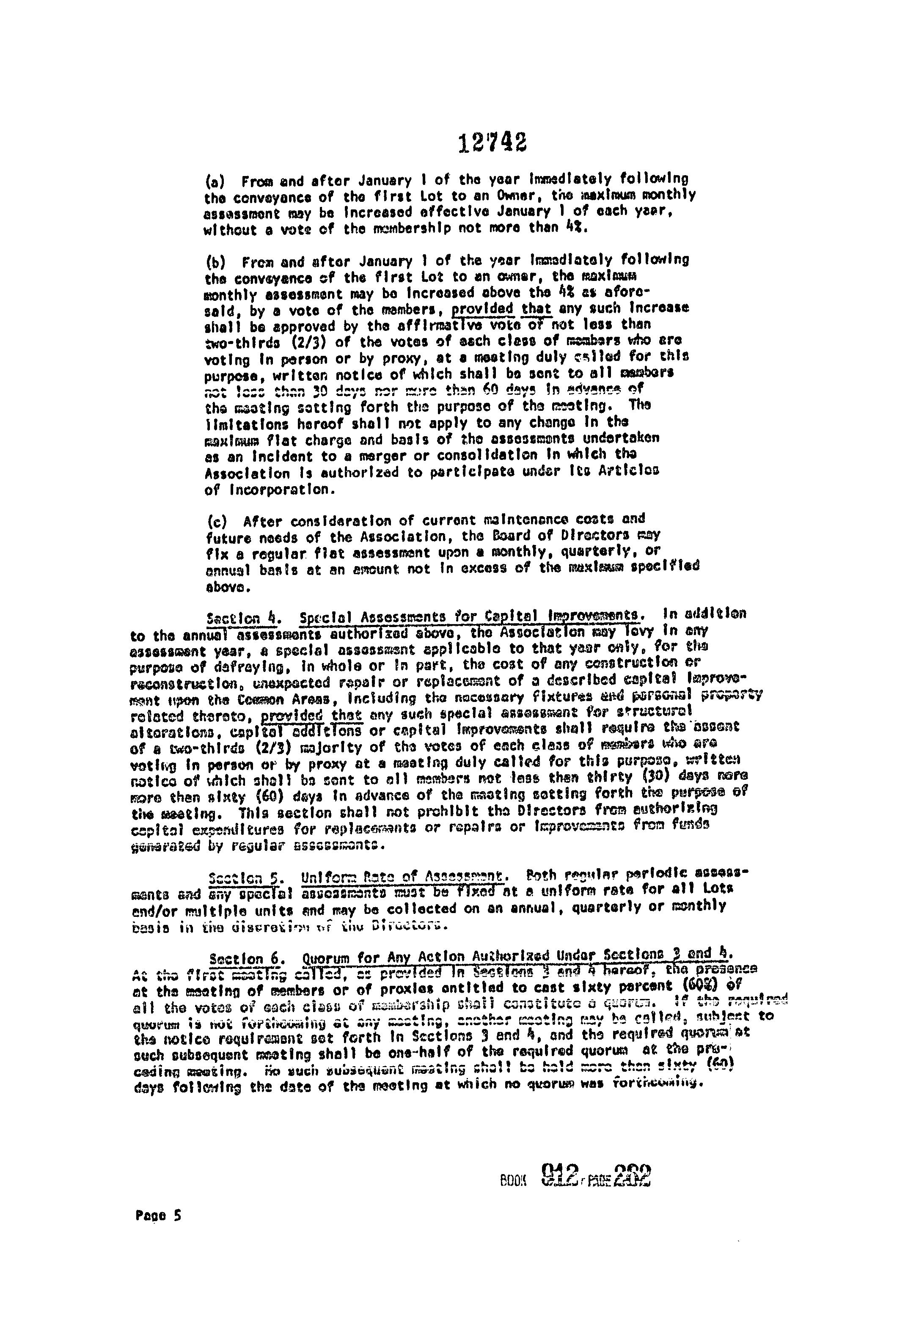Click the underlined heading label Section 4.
coord(243,619)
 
